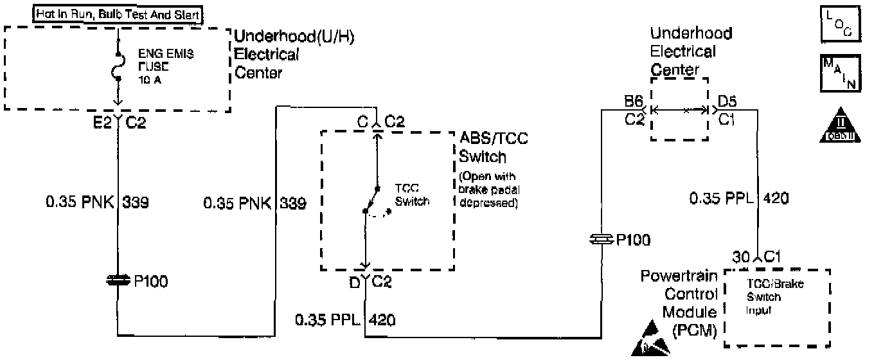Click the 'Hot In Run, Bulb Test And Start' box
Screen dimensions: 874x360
(118, 14)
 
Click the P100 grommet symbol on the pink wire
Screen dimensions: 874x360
(118, 280)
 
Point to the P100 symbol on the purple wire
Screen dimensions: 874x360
(601, 240)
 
